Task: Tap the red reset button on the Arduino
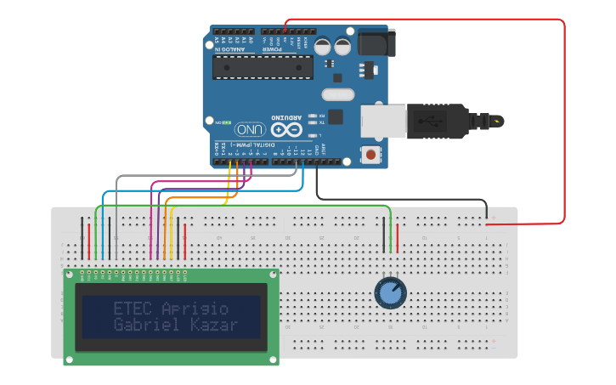coord(370,155)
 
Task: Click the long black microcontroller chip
coord(263,67)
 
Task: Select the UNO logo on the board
coord(251,130)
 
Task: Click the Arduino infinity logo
coord(287,130)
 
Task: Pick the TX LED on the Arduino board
coord(314,123)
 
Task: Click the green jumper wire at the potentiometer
coord(390,229)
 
